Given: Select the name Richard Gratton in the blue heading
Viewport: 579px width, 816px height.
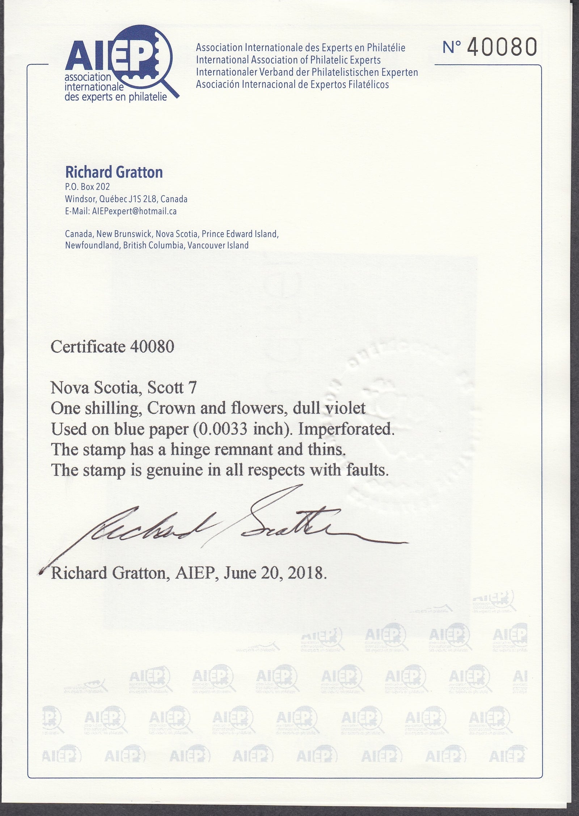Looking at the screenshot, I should click(114, 172).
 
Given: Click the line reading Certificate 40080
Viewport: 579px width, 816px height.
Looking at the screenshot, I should click(113, 347).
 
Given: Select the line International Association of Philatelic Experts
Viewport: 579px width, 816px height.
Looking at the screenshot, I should click(288, 60).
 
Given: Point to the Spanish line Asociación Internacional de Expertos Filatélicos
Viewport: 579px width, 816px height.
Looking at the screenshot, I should click(292, 85).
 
